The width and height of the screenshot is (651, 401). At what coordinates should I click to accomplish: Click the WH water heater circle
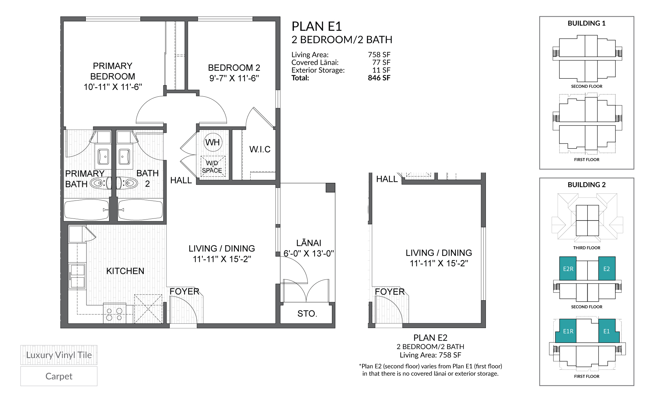213,142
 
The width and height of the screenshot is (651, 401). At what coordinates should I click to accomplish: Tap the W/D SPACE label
212,167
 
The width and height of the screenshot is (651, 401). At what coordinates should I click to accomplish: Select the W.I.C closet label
260,149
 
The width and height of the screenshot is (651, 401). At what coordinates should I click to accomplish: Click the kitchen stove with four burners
114,314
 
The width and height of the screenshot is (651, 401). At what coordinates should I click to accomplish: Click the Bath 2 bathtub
140,210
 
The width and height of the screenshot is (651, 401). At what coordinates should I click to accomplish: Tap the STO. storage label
307,313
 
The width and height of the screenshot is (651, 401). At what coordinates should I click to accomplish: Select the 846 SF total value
379,78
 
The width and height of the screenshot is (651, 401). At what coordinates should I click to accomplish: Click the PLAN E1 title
316,26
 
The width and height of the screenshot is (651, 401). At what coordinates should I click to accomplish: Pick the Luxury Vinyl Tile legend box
59,355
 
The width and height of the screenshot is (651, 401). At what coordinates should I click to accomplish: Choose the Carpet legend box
59,376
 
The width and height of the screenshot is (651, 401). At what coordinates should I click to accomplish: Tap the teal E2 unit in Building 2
606,269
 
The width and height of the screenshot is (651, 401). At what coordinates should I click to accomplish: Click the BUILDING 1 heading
586,23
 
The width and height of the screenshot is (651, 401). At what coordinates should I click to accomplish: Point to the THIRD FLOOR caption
586,248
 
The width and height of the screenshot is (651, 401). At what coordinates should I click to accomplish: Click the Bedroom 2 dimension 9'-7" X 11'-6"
234,78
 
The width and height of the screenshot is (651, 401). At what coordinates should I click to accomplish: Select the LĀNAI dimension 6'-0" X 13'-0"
309,253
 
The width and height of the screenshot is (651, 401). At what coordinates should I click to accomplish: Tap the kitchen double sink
77,276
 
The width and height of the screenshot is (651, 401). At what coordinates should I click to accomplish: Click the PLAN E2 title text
430,338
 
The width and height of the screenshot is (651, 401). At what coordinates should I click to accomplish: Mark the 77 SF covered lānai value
381,62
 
